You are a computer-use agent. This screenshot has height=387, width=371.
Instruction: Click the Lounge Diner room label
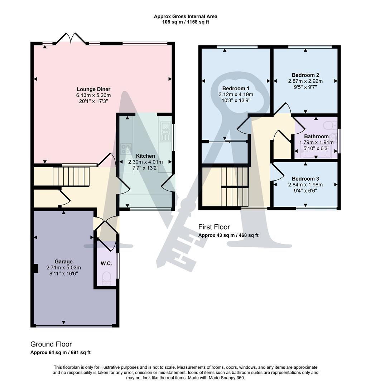point(93,89)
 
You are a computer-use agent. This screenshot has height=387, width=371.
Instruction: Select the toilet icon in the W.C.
point(106,278)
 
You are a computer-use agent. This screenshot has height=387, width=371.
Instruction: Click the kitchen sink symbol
point(165,132)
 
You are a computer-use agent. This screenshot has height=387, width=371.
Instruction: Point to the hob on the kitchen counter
point(126,148)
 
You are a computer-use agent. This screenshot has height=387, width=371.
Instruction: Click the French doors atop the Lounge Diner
point(71,38)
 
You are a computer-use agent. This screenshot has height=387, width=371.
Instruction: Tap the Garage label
point(63,262)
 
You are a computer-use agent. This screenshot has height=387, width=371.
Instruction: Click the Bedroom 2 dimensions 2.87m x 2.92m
point(305,81)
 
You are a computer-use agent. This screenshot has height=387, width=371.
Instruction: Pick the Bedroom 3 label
point(305,179)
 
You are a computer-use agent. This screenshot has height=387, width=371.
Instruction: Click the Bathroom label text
point(316,137)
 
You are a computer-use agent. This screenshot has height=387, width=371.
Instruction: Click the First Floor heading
point(214,227)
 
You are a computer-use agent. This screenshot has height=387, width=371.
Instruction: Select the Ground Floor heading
point(51,344)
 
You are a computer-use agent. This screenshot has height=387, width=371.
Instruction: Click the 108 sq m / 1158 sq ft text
point(185,22)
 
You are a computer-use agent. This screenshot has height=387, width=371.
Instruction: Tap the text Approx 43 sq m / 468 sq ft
point(228,235)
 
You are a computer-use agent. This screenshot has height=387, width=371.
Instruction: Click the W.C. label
point(106,263)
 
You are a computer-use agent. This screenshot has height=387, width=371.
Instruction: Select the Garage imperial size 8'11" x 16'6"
point(63,273)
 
